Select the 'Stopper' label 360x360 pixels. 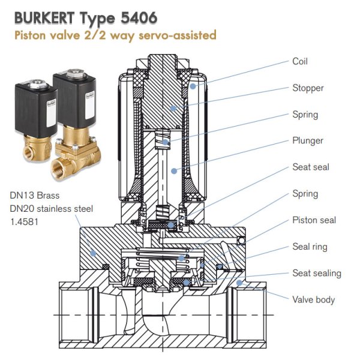click(x=308, y=88)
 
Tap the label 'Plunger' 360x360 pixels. click(x=308, y=141)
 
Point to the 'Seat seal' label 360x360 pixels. click(x=310, y=167)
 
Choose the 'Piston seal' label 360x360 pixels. click(x=313, y=220)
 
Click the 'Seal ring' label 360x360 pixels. click(x=310, y=247)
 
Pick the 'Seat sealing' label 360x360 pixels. click(x=316, y=273)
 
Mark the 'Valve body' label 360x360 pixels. click(x=313, y=299)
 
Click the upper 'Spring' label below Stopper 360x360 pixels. click(x=305, y=115)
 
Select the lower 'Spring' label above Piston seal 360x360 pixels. click(x=305, y=194)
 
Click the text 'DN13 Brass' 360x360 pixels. click(x=34, y=195)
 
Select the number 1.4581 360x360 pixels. click(x=23, y=221)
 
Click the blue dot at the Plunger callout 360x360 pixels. click(x=173, y=170)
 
